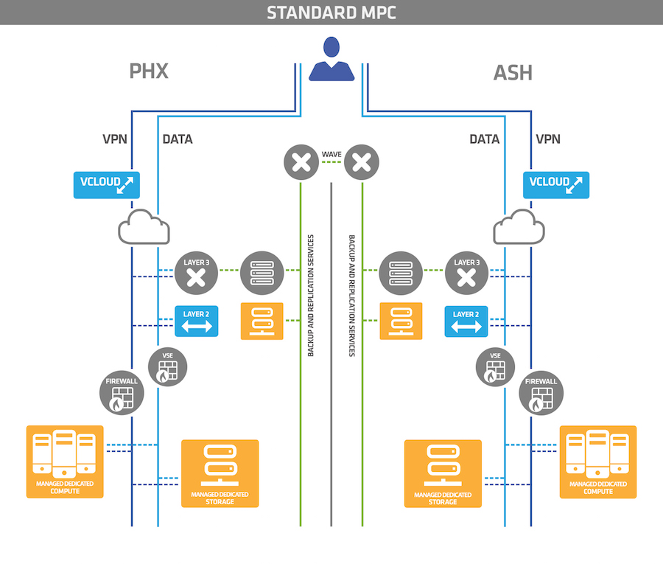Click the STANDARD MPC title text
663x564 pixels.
click(331, 13)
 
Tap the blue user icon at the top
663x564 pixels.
click(331, 60)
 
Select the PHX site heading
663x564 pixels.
click(149, 72)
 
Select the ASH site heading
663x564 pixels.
click(513, 72)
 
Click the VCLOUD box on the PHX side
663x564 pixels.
click(106, 184)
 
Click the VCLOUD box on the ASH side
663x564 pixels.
click(556, 184)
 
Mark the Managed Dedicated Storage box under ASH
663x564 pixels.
click(443, 473)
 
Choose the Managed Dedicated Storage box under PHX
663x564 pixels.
click(220, 473)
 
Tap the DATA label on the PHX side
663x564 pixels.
click(178, 139)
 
